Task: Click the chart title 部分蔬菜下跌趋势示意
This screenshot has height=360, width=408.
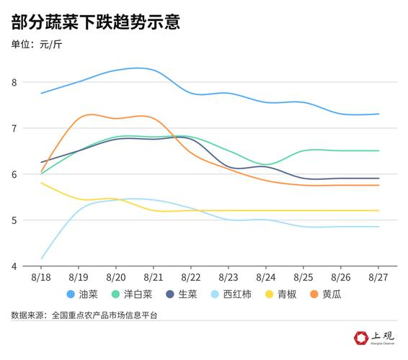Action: coord(95,22)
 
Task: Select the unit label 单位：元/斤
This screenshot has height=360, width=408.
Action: coord(42,46)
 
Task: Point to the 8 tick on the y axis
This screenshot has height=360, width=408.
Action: coord(14,82)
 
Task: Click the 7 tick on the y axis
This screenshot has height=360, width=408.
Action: coord(14,128)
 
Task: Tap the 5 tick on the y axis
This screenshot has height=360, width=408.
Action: coord(14,220)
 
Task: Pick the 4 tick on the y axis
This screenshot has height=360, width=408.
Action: coord(14,266)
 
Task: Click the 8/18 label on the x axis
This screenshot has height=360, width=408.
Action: coord(41,276)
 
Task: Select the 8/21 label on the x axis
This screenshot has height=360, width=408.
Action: coord(153,276)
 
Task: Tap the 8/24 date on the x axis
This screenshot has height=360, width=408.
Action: coord(266,276)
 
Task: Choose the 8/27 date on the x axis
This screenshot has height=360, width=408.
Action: coord(378,276)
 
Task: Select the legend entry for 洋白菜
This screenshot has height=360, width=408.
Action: coord(131,294)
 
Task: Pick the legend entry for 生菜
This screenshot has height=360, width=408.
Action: coord(182,294)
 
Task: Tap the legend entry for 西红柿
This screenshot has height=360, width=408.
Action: coord(230,294)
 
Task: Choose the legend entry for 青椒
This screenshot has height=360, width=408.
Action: coord(280,294)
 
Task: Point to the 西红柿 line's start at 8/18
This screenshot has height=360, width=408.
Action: coord(42,258)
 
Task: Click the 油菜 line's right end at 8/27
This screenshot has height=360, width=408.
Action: coord(378,114)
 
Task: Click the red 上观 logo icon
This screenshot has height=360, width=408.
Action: coord(361,337)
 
